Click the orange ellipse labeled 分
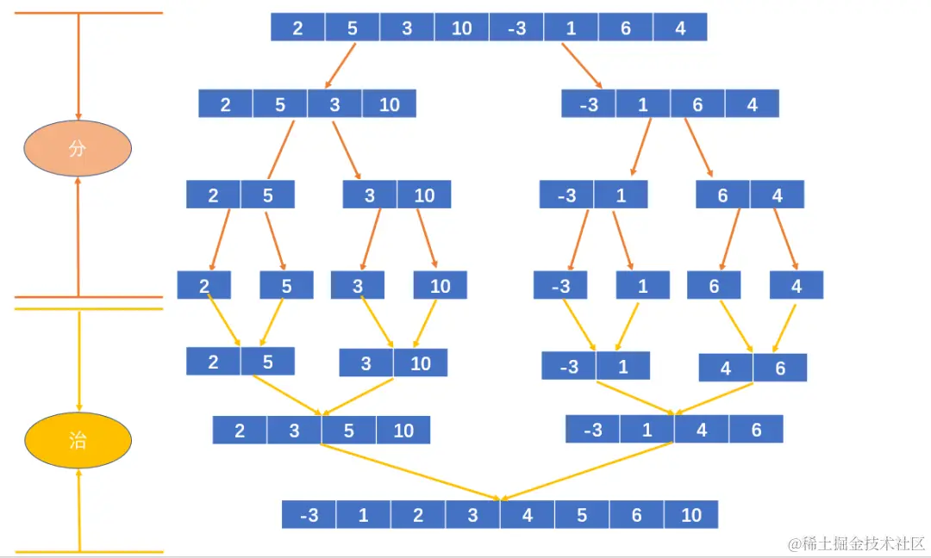[77, 148]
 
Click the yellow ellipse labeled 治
[77, 440]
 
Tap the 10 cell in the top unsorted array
[461, 28]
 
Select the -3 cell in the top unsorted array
[516, 28]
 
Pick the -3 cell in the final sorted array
[309, 515]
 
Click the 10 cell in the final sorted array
[691, 515]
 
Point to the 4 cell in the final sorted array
[528, 515]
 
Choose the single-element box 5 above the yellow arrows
[286, 286]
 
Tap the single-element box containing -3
[560, 286]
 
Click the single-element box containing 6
[714, 286]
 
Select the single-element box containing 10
[440, 286]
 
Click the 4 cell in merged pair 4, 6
[726, 369]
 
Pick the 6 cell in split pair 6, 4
[722, 195]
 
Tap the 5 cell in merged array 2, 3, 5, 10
[348, 431]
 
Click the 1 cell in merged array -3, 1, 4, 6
[647, 430]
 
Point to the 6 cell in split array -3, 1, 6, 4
[697, 104]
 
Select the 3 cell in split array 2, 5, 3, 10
[334, 104]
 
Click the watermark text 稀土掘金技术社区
[857, 544]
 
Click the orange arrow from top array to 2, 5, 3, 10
[341, 64]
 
